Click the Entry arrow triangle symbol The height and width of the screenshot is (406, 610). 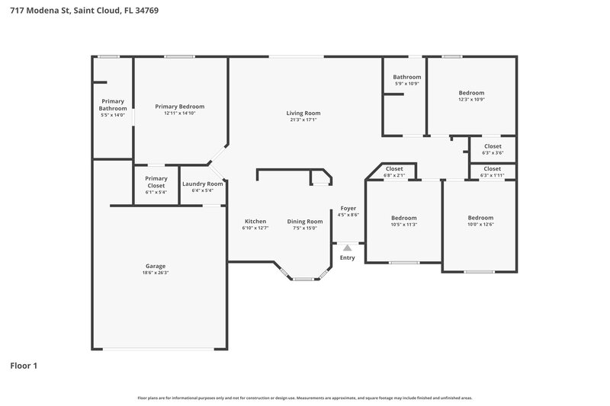(348, 248)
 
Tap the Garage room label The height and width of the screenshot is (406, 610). (156, 266)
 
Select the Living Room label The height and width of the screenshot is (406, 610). (303, 113)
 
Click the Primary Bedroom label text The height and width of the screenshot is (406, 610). (179, 107)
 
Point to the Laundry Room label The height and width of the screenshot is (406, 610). (203, 184)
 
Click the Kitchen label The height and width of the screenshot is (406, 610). (255, 221)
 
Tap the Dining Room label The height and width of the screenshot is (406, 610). (305, 221)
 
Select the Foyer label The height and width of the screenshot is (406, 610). (348, 208)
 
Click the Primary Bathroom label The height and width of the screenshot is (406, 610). (113, 104)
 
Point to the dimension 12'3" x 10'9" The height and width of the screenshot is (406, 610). (471, 99)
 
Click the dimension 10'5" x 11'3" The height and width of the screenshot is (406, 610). (403, 225)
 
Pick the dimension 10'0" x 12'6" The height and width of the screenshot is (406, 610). (480, 225)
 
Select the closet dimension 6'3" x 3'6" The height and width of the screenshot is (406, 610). (492, 152)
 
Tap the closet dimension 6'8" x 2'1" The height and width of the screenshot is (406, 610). (394, 175)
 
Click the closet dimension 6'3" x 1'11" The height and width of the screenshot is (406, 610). (492, 175)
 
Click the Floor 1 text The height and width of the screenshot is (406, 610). (23, 366)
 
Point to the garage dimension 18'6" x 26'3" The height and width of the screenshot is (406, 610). (156, 273)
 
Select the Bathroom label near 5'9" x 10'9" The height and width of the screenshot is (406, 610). (407, 77)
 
